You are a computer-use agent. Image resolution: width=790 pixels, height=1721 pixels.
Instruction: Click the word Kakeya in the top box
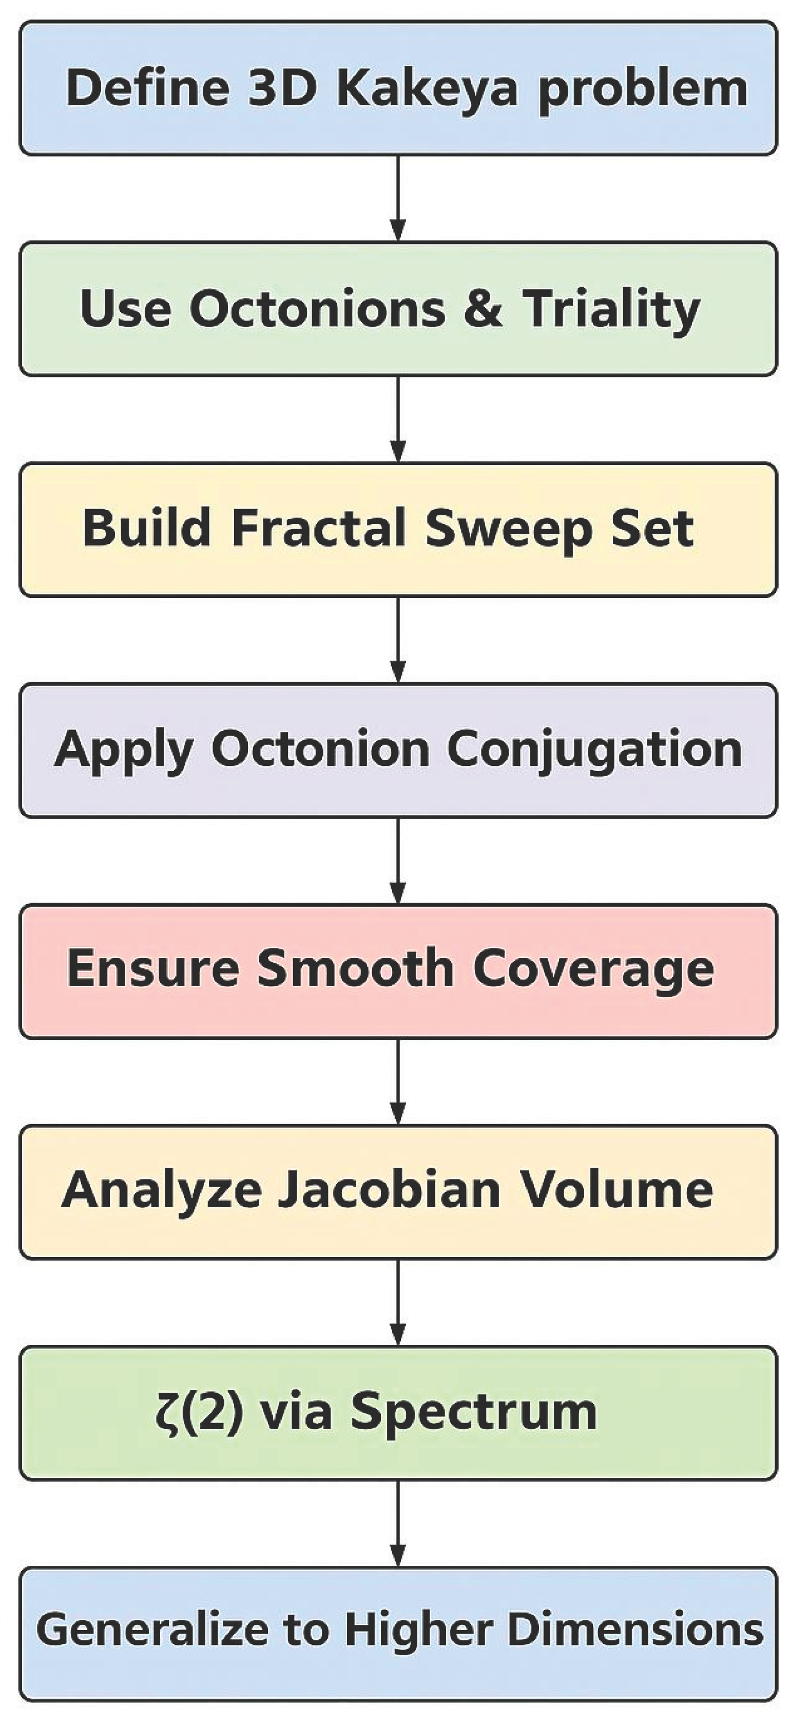coord(428,89)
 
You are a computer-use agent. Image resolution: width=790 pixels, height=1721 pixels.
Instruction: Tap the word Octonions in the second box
coord(317,309)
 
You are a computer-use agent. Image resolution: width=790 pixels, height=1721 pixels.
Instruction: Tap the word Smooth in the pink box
coord(356,969)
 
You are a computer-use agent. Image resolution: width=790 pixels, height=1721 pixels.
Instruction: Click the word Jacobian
coord(389,1190)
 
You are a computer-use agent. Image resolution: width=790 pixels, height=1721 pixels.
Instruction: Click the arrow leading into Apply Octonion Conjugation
coord(398,640)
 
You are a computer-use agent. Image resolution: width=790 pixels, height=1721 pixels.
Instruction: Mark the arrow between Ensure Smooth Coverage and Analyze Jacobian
coord(398,1081)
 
